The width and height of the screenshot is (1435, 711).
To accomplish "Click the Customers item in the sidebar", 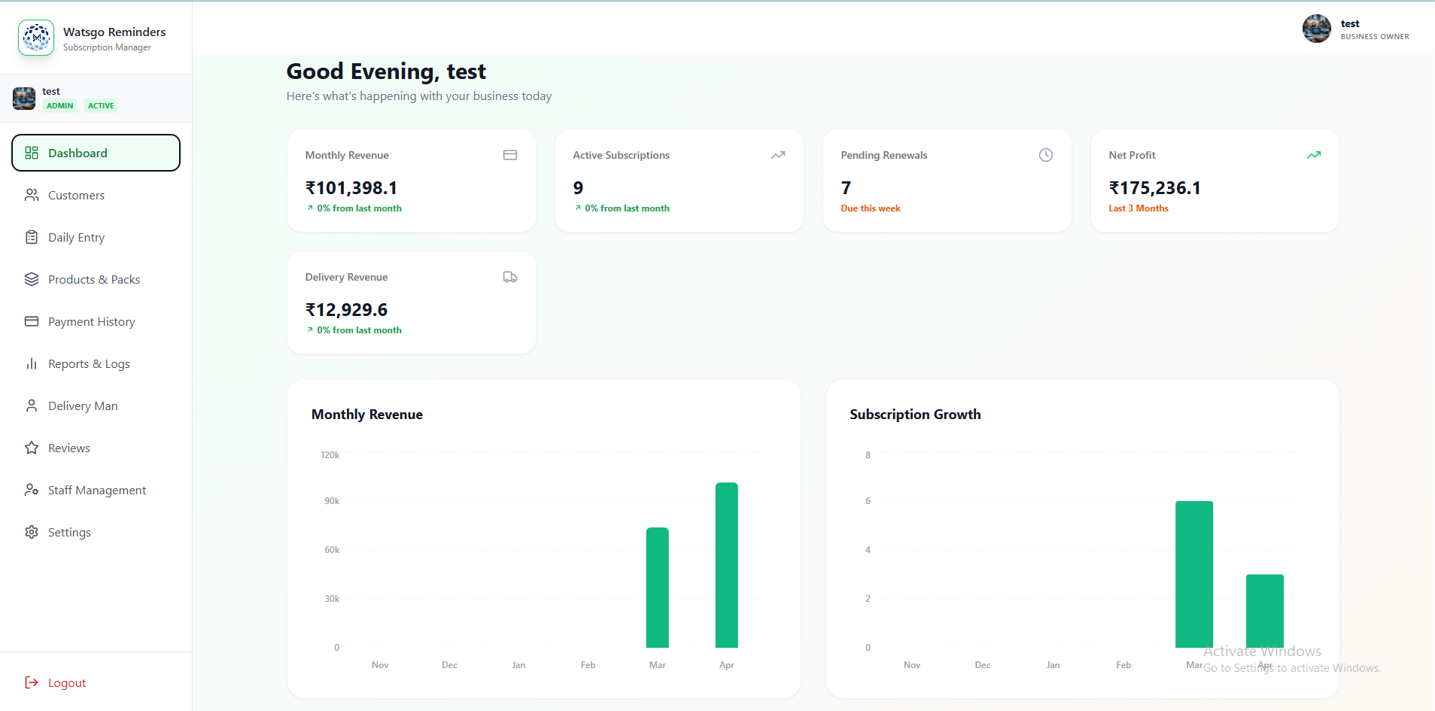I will (76, 196).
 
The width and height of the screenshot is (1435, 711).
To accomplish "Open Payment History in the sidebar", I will (91, 322).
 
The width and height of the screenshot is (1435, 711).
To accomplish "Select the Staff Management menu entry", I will (96, 491).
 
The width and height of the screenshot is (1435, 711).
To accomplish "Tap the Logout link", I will (66, 683).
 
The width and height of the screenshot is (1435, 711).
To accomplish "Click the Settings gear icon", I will (32, 533).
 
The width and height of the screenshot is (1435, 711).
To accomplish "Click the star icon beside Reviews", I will (32, 448).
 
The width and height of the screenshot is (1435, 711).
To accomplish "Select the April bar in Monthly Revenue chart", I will (726, 565).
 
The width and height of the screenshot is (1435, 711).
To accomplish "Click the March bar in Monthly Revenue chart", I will (657, 588).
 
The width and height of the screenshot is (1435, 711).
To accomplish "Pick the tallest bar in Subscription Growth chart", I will (1193, 574).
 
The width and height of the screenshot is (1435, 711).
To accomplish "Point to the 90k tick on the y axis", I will (332, 501).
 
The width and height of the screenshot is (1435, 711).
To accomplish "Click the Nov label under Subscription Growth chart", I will (912, 665).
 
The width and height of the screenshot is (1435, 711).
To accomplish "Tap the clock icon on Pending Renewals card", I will (1045, 155).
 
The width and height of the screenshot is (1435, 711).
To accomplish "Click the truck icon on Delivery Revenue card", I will (509, 278).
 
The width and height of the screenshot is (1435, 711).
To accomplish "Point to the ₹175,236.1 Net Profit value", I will (1154, 188).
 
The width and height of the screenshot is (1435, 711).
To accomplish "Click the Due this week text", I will (870, 208).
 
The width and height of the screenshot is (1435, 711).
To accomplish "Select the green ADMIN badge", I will (60, 106).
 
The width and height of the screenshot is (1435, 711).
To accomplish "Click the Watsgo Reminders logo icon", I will (36, 38).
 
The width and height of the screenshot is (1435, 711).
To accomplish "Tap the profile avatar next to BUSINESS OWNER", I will (1316, 29).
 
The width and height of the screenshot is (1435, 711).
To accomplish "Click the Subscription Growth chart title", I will (915, 415).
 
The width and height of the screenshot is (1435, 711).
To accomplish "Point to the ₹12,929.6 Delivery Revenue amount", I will (346, 310).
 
